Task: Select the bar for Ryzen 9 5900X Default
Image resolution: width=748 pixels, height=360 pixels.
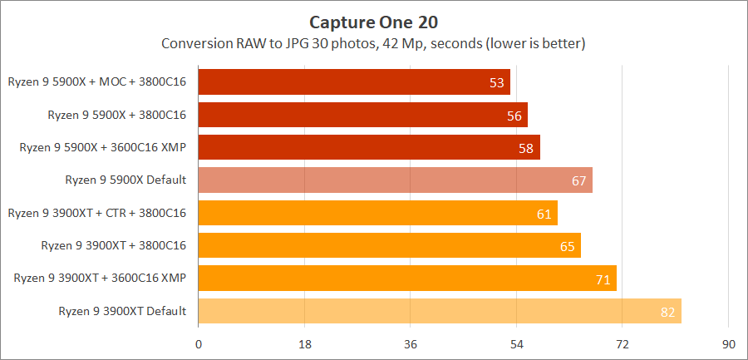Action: tap(395, 180)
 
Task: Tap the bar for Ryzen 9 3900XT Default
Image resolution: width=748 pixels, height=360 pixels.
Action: tap(440, 311)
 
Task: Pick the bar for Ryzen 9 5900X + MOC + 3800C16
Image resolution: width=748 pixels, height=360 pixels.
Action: tap(354, 82)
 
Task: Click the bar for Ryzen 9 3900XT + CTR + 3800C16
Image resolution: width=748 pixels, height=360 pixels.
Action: tap(377, 213)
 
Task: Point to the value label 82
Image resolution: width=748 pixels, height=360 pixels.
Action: tap(668, 312)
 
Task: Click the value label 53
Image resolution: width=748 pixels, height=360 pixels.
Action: tap(497, 83)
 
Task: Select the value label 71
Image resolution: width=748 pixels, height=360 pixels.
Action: tap(603, 279)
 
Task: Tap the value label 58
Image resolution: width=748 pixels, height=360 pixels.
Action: tap(527, 148)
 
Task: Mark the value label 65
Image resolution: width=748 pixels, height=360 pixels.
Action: tap(568, 246)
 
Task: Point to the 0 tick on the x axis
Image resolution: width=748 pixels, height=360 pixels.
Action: tap(199, 344)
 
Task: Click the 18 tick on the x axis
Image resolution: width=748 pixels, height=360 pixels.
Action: tap(304, 344)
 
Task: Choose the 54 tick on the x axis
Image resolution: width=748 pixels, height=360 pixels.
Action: tap(516, 344)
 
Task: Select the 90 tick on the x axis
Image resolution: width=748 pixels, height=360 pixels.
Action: tap(728, 344)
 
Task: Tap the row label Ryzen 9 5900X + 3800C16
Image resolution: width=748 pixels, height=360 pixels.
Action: tap(116, 115)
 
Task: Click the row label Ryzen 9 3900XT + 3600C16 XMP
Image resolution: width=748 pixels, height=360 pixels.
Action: tap(100, 279)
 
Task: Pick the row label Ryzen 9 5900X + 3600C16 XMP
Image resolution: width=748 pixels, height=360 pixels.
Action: tap(103, 147)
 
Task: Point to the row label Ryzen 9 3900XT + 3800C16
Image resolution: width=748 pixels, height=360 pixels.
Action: tap(114, 245)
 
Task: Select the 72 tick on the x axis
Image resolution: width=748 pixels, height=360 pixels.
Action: tap(622, 344)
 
